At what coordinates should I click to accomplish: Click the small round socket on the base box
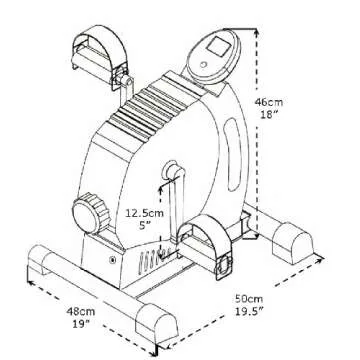[x=112, y=262]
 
